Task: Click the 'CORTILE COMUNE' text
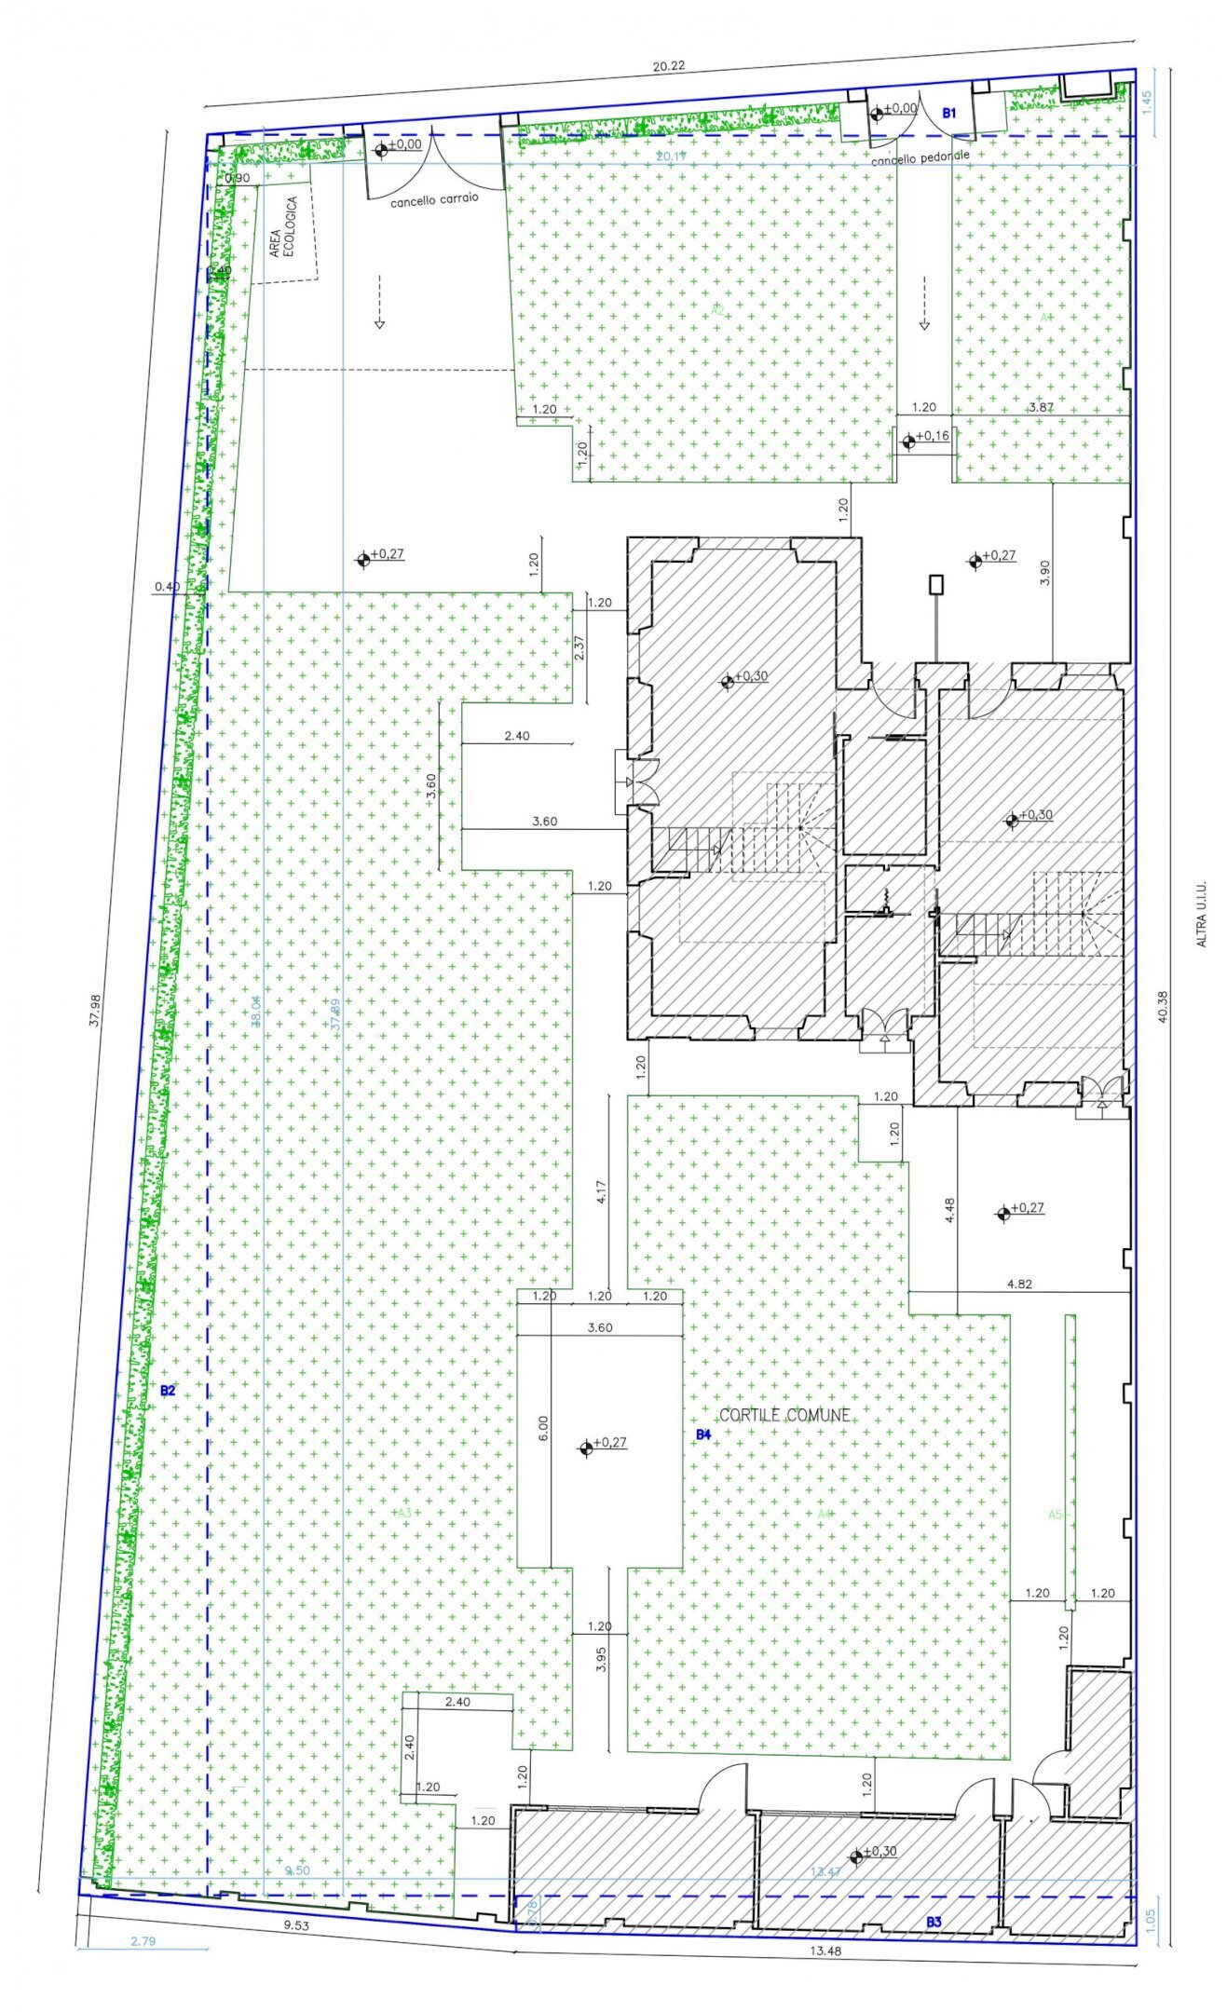tap(784, 1415)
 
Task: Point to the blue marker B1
tap(948, 113)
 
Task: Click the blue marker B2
tap(168, 1391)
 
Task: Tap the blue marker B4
tap(703, 1434)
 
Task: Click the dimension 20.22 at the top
tap(668, 66)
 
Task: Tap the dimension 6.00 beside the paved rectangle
tap(543, 1428)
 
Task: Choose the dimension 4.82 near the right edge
tap(1019, 1284)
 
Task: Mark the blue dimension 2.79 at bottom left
tap(143, 1942)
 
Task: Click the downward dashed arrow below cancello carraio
tap(379, 301)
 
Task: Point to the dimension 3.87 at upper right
tap(1041, 407)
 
